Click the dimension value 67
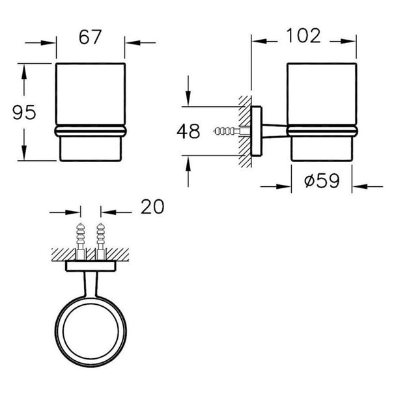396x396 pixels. pos(90,37)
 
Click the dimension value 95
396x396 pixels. pos(24,113)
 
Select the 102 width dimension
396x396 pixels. pos(304,36)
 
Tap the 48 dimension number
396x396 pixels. pos(188,132)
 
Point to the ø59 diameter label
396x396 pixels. pos(322,180)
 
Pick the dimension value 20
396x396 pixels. pos(152,206)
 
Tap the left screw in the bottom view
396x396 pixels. pos(81,241)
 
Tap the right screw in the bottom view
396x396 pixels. pos(101,241)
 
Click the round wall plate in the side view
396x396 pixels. pos(257,131)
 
